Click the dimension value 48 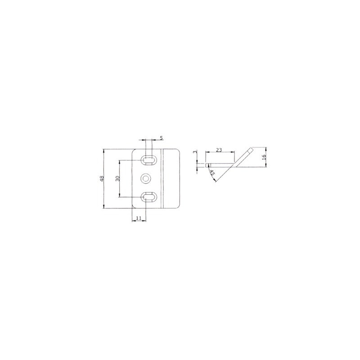[102, 179]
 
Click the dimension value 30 [117, 178]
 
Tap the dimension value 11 [139, 218]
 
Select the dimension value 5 [162, 138]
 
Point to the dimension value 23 [219, 150]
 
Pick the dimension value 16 [264, 157]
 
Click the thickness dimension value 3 [195, 152]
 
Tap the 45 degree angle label [212, 173]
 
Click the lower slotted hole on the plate [149, 197]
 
